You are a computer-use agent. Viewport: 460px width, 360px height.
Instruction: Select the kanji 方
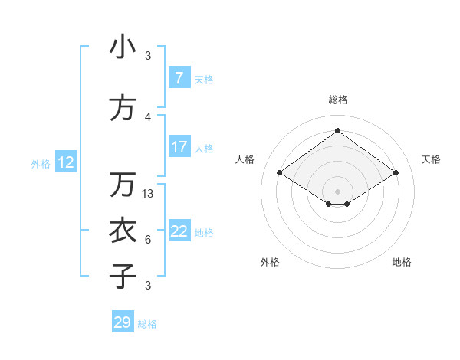coord(123,109)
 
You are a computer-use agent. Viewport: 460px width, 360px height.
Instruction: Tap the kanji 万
coord(123,185)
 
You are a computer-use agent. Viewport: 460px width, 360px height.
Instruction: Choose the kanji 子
coord(123,276)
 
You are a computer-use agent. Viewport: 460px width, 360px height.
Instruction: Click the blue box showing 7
coord(179,78)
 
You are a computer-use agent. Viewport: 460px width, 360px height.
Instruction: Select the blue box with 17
coord(179,147)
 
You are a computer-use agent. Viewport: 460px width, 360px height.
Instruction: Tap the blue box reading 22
coord(179,231)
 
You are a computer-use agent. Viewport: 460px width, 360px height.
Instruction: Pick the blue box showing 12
coord(66,162)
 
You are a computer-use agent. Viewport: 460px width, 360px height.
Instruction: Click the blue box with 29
coord(123,322)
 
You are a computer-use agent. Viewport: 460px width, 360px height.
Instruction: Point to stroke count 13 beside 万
coord(149,194)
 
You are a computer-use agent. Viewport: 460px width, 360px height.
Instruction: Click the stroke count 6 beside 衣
coord(148,240)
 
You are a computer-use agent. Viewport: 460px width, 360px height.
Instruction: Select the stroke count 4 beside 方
coord(148,117)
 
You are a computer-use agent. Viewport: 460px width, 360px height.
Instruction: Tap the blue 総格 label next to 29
coord(148,324)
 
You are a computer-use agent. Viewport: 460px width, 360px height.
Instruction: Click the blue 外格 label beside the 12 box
coord(41,163)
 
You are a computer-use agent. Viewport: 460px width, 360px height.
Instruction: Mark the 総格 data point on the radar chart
coord(337,131)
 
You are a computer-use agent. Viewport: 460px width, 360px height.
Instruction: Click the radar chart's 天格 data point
coord(396,173)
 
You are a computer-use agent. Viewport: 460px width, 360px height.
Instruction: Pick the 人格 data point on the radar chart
coord(280,173)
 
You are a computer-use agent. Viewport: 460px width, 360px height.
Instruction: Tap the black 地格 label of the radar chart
coord(402,262)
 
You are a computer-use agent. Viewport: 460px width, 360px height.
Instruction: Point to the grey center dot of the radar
coord(337,190)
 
